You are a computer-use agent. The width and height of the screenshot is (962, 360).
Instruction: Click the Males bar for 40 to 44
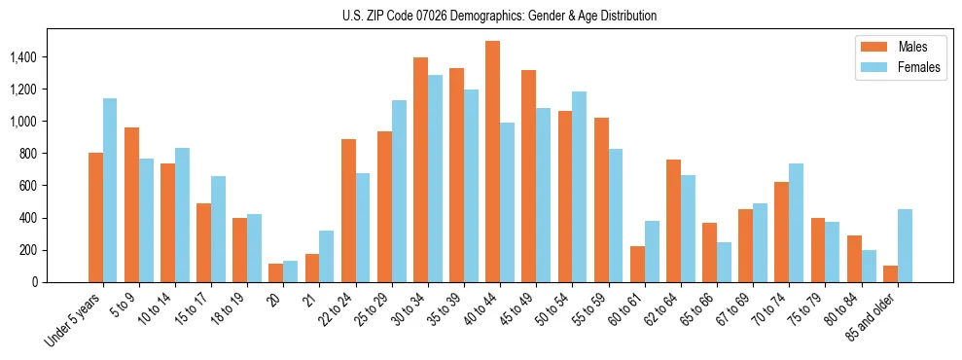tap(492, 162)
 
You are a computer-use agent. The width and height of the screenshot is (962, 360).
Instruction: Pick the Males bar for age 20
tap(275, 272)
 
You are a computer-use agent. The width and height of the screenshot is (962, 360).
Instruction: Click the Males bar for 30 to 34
tap(420, 170)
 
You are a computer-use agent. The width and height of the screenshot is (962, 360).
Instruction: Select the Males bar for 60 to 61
tap(637, 264)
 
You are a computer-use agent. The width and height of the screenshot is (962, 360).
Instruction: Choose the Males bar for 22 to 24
tap(348, 210)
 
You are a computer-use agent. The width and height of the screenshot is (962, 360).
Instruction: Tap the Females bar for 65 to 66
tap(724, 262)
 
